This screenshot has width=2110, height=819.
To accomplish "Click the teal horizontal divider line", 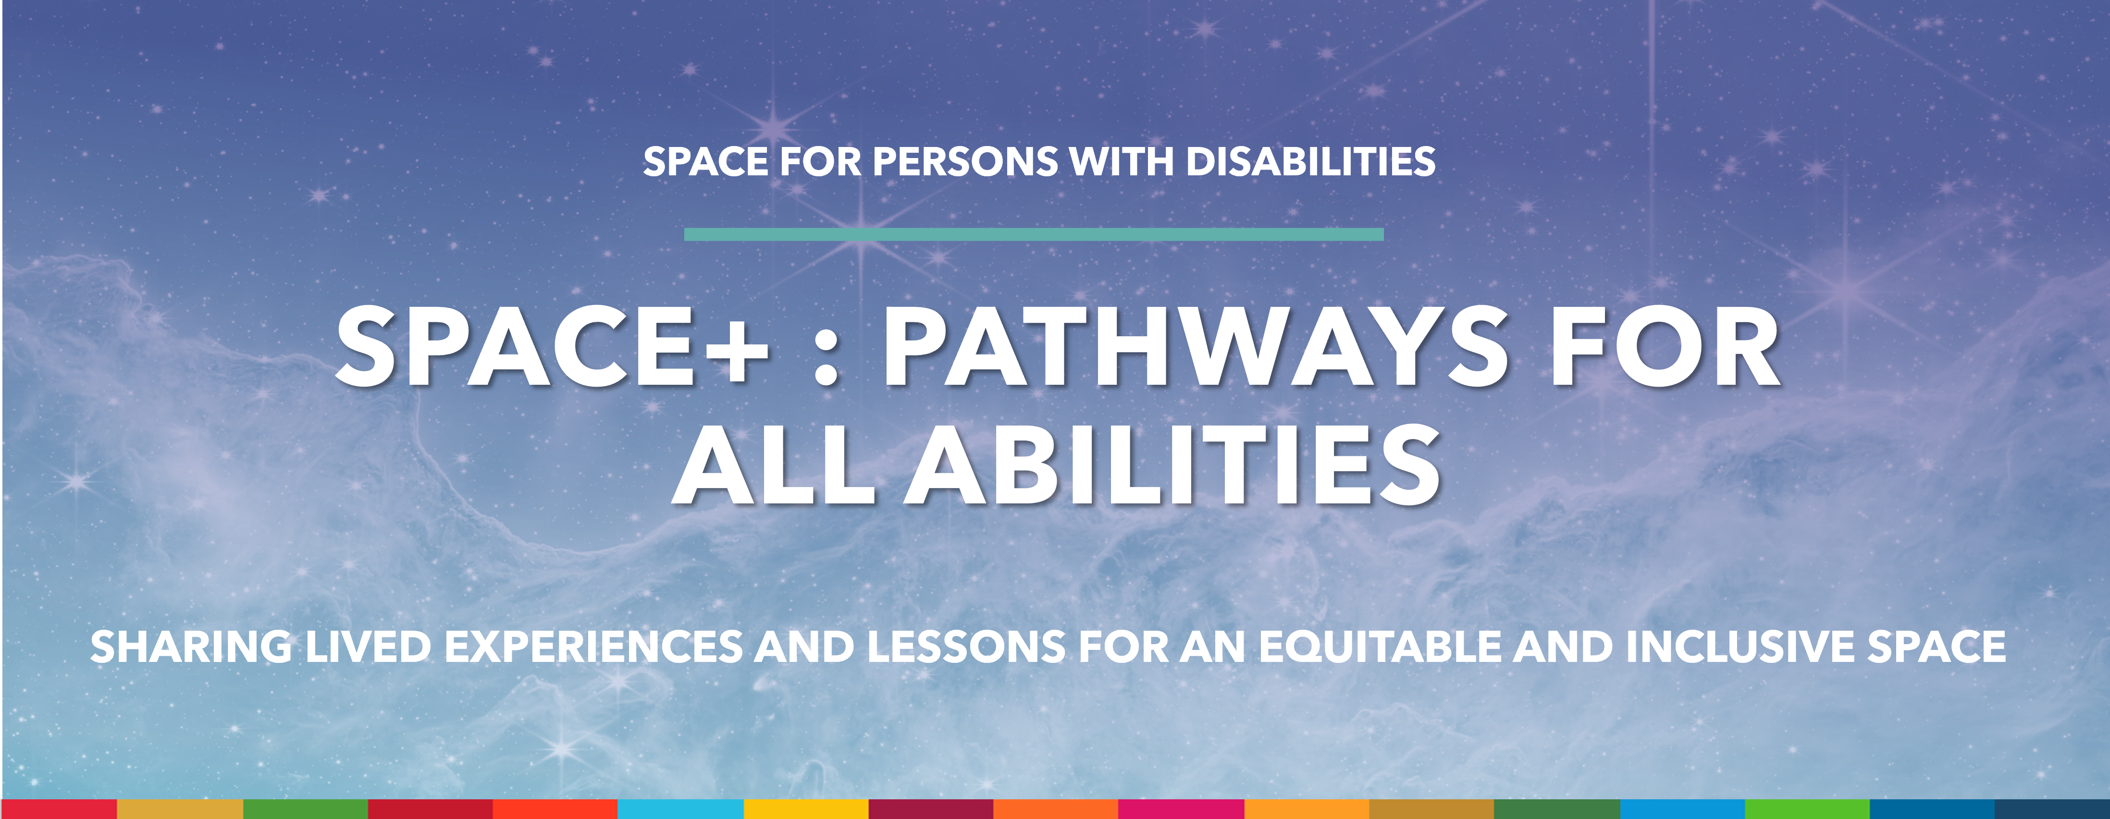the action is (x=1034, y=234).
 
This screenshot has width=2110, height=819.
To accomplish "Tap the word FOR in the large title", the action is (x=1663, y=346).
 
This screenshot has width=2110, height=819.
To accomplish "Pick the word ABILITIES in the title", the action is (x=1172, y=465).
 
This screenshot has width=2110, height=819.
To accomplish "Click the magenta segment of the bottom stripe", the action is (x=1181, y=809).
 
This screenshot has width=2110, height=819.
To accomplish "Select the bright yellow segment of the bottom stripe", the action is (x=806, y=809).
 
